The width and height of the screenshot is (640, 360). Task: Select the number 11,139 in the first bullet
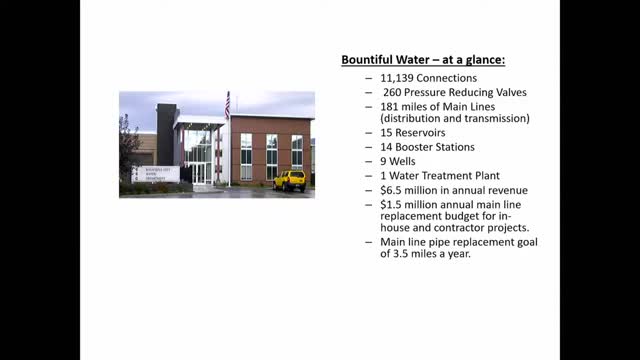tap(398, 78)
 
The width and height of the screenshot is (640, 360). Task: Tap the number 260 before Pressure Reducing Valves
tap(394, 92)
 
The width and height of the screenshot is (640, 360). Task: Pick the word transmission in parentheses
tap(487, 119)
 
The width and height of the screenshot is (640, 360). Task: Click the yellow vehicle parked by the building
tap(290, 180)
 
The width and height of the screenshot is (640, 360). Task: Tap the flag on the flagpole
tap(227, 104)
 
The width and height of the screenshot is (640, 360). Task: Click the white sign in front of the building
tap(155, 174)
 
